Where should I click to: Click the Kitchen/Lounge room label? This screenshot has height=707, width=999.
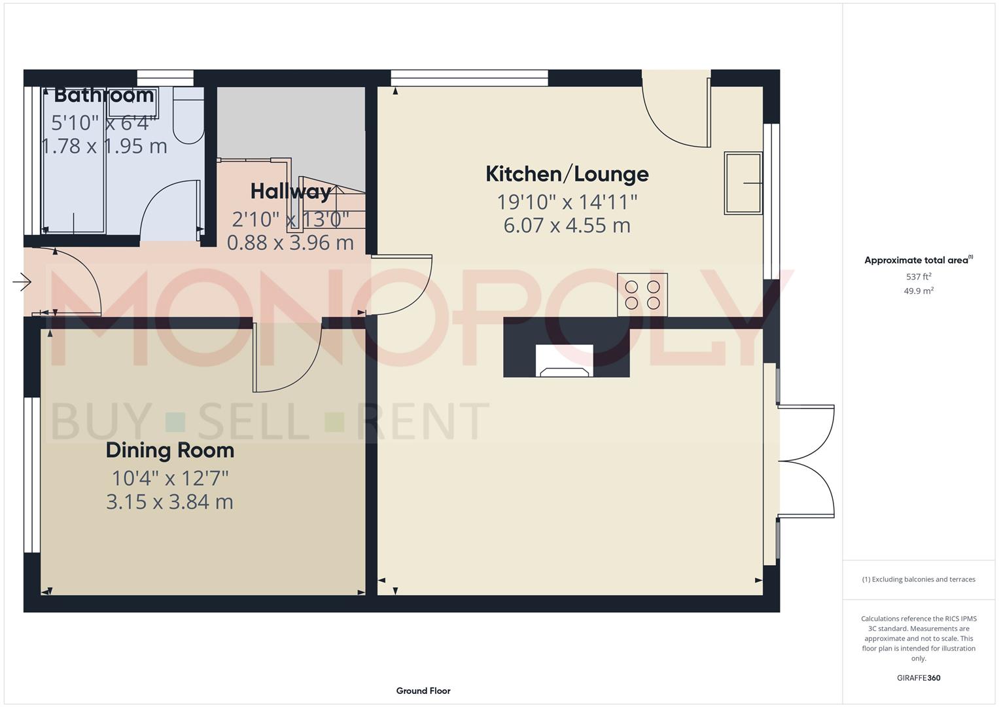point(567,174)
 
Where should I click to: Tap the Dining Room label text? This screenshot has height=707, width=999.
point(170,450)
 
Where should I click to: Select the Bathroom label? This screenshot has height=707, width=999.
point(103,96)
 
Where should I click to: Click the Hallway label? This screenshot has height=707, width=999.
point(290,191)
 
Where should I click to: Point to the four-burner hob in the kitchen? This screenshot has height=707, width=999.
point(642,295)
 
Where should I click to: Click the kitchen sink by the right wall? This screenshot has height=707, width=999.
point(743,183)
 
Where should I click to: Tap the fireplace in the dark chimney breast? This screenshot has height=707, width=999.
point(564,361)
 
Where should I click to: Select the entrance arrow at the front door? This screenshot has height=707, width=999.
point(22,283)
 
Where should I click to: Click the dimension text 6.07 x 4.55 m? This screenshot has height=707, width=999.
point(567,226)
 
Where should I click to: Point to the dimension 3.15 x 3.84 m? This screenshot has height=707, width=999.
point(170,502)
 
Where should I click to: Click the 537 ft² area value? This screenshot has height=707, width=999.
point(918,277)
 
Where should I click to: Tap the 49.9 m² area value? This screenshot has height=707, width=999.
point(918,291)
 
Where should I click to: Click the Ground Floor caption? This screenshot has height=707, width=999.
point(423,691)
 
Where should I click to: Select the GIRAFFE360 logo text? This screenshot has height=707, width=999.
point(918,678)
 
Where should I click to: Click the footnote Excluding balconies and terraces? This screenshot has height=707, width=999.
point(918,579)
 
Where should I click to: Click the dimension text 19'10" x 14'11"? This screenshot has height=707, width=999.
point(567,202)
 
